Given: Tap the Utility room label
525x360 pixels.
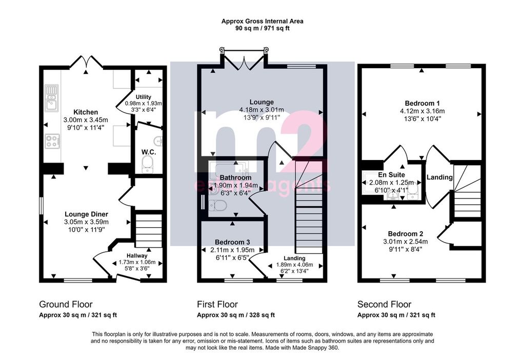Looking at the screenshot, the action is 144,97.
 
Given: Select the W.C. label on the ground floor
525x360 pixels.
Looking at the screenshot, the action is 149,152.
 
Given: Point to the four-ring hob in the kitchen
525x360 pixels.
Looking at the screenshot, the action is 52,141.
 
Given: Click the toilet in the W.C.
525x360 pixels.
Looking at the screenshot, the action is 147,165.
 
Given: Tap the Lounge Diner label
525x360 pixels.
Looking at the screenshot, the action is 86,214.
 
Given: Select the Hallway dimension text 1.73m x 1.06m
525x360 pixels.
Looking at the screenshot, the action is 137,263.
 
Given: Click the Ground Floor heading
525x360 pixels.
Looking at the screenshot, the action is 66,305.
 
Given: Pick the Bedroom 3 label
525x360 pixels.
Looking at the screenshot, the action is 232,242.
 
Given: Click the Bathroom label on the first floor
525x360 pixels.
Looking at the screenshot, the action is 236,178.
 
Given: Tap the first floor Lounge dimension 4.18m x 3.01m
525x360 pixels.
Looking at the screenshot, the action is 261,110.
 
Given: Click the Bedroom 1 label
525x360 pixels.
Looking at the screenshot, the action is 422,104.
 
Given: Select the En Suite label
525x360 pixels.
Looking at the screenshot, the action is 391,175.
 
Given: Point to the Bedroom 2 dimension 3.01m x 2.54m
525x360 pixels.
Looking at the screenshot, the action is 406,242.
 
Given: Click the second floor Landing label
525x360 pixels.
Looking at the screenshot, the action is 439,177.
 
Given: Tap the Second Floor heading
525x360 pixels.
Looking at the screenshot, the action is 385,305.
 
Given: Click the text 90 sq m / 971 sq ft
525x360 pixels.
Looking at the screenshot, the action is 262,29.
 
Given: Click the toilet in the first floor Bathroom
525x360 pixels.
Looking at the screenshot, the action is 217,205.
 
